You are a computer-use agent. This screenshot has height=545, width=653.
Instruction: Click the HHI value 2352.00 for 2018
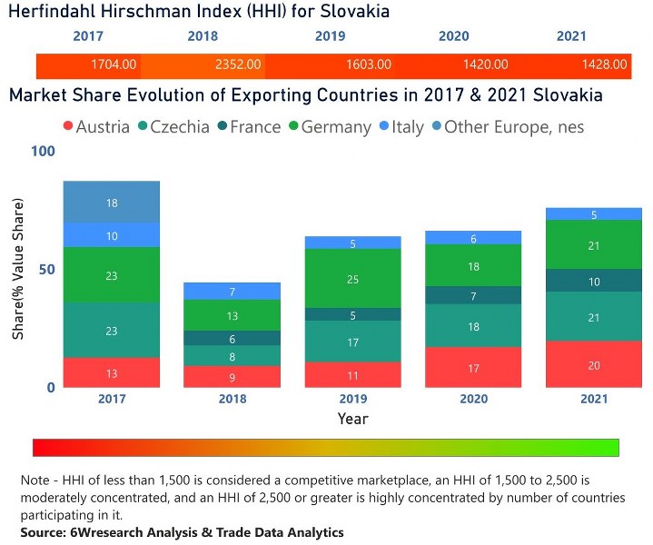[x=238, y=64]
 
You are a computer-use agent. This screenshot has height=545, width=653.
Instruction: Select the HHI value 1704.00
[x=114, y=64]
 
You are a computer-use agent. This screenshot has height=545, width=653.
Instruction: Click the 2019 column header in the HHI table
[x=330, y=36]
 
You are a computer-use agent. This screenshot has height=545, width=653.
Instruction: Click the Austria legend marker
[x=67, y=127]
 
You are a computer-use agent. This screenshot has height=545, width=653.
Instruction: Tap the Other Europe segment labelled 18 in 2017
[x=112, y=203]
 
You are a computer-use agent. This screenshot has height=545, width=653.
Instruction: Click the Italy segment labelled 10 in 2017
[x=112, y=235]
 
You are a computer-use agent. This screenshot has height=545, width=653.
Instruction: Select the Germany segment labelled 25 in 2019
[x=352, y=279]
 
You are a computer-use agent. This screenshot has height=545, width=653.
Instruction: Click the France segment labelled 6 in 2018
[x=233, y=338]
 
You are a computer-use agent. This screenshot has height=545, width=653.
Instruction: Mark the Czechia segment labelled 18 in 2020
[x=473, y=326]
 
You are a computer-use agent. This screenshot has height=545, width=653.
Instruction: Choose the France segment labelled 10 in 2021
[x=594, y=281]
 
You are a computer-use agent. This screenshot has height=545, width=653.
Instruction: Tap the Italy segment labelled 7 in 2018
[x=233, y=292]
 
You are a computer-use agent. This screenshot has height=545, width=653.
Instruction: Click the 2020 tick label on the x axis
[x=473, y=399]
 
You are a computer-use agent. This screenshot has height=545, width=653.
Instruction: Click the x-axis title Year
[x=352, y=419]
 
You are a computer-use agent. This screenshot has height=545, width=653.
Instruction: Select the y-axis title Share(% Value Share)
[x=18, y=269]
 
